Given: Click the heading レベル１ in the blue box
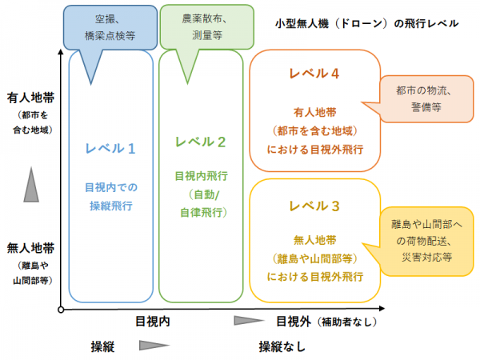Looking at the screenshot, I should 110,148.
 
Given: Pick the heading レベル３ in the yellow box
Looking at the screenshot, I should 314,206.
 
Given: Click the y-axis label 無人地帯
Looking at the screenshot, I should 30,250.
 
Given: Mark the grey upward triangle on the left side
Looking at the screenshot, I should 30,186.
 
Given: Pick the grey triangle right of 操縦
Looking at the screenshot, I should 154,346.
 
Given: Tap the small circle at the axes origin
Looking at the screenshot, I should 61,309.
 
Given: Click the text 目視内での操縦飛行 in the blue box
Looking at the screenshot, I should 110,197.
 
